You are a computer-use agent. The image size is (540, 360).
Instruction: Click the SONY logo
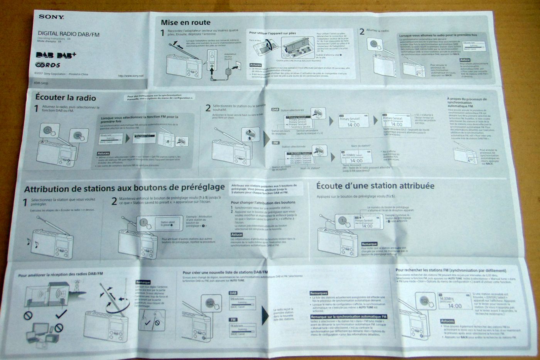tap(51, 17)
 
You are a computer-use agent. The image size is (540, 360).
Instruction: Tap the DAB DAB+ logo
tap(56, 55)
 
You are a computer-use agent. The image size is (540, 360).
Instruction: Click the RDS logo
tap(47, 65)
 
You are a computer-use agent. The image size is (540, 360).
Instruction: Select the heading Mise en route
tap(186, 22)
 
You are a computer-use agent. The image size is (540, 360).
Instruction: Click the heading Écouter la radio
tap(66, 98)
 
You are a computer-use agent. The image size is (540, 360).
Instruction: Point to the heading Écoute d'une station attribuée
tap(375, 186)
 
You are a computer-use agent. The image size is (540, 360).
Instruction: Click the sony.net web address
tap(131, 76)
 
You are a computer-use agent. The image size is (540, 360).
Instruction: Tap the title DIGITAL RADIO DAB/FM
tap(69, 34)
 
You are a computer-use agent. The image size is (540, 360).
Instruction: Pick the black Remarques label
tap(319, 293)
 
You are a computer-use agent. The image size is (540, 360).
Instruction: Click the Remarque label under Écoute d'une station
tap(369, 244)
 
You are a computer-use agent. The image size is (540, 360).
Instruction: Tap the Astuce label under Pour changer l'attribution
tap(236, 234)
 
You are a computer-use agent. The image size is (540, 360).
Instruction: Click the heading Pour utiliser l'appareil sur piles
tap(272, 33)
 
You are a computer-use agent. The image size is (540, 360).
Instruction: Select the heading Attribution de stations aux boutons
tap(124, 188)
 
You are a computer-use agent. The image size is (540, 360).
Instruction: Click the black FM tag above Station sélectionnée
tap(275, 143)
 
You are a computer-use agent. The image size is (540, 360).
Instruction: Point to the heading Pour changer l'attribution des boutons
tap(263, 202)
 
